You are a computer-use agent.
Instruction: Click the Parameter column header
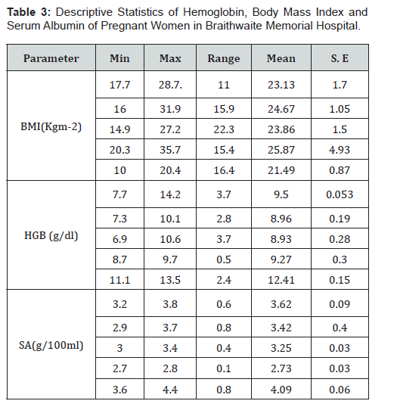[51, 58]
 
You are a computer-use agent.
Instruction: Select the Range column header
[224, 58]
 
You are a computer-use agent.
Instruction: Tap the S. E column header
[340, 58]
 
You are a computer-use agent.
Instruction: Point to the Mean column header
[281, 58]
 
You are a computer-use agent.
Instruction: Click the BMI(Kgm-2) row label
[51, 126]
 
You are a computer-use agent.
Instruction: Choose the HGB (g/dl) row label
[51, 235]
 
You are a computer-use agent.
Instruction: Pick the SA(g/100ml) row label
[51, 345]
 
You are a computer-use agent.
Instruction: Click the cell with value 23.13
[281, 85]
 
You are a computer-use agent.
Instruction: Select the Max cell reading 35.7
[170, 150]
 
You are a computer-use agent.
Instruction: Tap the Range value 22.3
[224, 129]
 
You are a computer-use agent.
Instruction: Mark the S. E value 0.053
[340, 194]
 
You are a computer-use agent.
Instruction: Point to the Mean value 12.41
[281, 280]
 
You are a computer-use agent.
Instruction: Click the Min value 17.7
[119, 85]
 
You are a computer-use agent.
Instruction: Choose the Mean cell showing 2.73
[281, 368]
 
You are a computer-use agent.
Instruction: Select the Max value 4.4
[170, 390]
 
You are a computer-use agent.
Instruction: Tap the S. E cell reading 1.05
[340, 109]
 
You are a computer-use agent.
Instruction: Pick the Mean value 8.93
[281, 239]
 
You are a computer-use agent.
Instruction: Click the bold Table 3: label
[29, 12]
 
